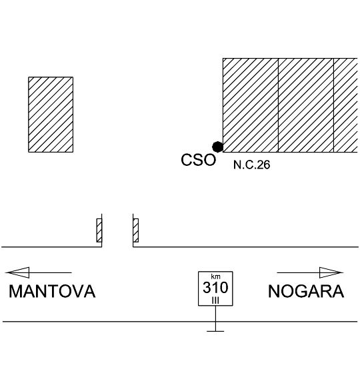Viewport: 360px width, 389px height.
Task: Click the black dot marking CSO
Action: click(x=217, y=147)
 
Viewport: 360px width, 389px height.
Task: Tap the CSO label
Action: click(x=198, y=160)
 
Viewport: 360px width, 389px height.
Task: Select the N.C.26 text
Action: click(x=251, y=165)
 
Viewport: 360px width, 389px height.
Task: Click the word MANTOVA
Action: click(x=52, y=291)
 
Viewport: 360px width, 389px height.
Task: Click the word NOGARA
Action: click(x=306, y=291)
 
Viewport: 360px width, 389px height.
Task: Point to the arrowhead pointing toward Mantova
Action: click(x=18, y=272)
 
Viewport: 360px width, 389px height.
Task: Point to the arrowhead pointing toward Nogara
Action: click(x=331, y=272)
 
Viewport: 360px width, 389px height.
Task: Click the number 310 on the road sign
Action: click(x=215, y=288)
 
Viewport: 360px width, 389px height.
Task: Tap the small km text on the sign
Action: click(x=215, y=276)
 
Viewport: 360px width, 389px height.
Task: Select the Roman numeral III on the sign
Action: click(x=215, y=300)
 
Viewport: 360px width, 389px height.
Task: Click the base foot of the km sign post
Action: click(x=215, y=331)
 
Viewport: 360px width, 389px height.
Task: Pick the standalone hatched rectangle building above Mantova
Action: click(x=51, y=115)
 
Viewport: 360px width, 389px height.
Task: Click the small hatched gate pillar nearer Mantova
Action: click(x=99, y=230)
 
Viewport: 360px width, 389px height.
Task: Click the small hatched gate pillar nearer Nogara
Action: click(x=135, y=230)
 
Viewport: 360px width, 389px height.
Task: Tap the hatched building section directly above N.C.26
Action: click(x=250, y=105)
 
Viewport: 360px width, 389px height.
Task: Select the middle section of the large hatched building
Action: click(x=305, y=105)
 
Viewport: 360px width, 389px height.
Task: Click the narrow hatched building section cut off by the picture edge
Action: click(x=345, y=105)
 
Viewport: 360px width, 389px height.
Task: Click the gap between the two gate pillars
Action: click(x=117, y=230)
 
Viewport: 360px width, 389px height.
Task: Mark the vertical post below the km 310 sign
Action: click(x=215, y=318)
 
